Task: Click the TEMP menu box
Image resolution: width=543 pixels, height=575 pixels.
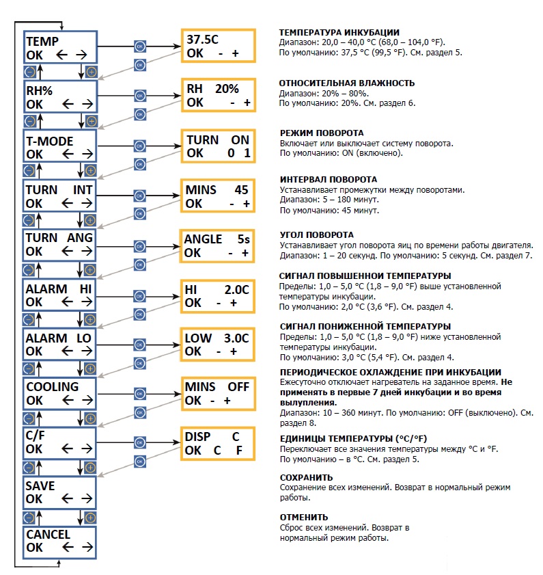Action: click(x=60, y=47)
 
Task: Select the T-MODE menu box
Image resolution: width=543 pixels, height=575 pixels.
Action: click(x=59, y=146)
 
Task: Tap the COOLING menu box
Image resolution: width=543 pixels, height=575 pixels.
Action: click(x=59, y=394)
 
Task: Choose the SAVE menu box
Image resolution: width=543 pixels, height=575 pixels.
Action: click(x=59, y=492)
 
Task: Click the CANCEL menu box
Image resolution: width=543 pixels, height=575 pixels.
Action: click(x=59, y=542)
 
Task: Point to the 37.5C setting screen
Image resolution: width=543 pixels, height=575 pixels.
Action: click(x=219, y=46)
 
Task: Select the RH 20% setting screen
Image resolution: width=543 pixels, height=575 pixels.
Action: click(x=219, y=95)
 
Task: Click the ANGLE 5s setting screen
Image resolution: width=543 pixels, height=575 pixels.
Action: click(x=217, y=246)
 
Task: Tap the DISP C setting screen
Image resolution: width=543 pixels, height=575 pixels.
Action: click(x=218, y=443)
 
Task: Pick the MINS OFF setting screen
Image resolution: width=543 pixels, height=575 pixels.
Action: click(x=218, y=394)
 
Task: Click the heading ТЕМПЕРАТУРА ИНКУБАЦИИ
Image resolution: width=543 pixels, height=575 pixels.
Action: click(x=339, y=32)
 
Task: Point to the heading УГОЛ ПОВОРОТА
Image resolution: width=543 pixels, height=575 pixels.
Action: click(x=316, y=235)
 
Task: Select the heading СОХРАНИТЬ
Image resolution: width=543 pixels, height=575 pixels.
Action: click(x=306, y=477)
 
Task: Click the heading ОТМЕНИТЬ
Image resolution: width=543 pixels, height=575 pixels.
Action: click(x=304, y=517)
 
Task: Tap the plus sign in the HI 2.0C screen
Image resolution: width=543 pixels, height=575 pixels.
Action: click(x=234, y=304)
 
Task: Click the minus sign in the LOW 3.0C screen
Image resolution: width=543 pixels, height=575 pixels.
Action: click(x=219, y=352)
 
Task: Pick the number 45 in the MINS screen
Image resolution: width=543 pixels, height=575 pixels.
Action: click(x=242, y=190)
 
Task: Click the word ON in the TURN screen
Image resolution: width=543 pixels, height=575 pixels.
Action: click(x=240, y=140)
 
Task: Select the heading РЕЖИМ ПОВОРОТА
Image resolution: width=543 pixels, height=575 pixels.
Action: click(x=322, y=133)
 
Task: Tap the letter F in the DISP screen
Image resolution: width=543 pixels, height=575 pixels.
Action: click(x=239, y=451)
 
